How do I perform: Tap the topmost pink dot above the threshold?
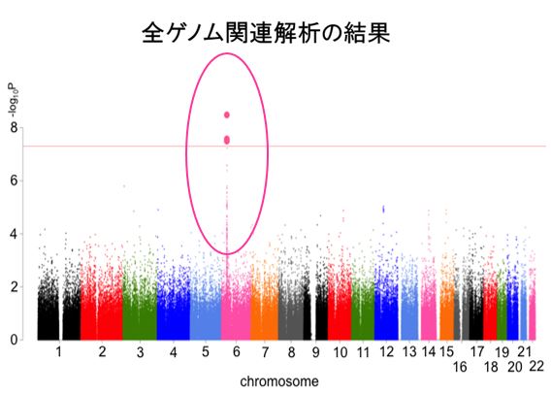click(x=227, y=115)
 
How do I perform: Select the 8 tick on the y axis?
click(x=14, y=127)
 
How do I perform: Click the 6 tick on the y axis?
click(x=14, y=180)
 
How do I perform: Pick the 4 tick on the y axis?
click(x=14, y=234)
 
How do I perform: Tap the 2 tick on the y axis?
click(x=14, y=287)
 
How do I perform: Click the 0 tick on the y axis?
click(x=14, y=340)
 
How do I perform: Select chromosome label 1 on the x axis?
click(x=58, y=351)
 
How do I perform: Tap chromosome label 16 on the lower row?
click(x=460, y=367)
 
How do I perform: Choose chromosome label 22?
click(x=535, y=365)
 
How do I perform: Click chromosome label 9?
click(x=315, y=351)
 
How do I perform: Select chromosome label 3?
click(x=141, y=351)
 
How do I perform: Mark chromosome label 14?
click(x=428, y=351)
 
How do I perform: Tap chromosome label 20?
click(x=514, y=367)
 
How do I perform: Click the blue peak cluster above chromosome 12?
click(x=384, y=209)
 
